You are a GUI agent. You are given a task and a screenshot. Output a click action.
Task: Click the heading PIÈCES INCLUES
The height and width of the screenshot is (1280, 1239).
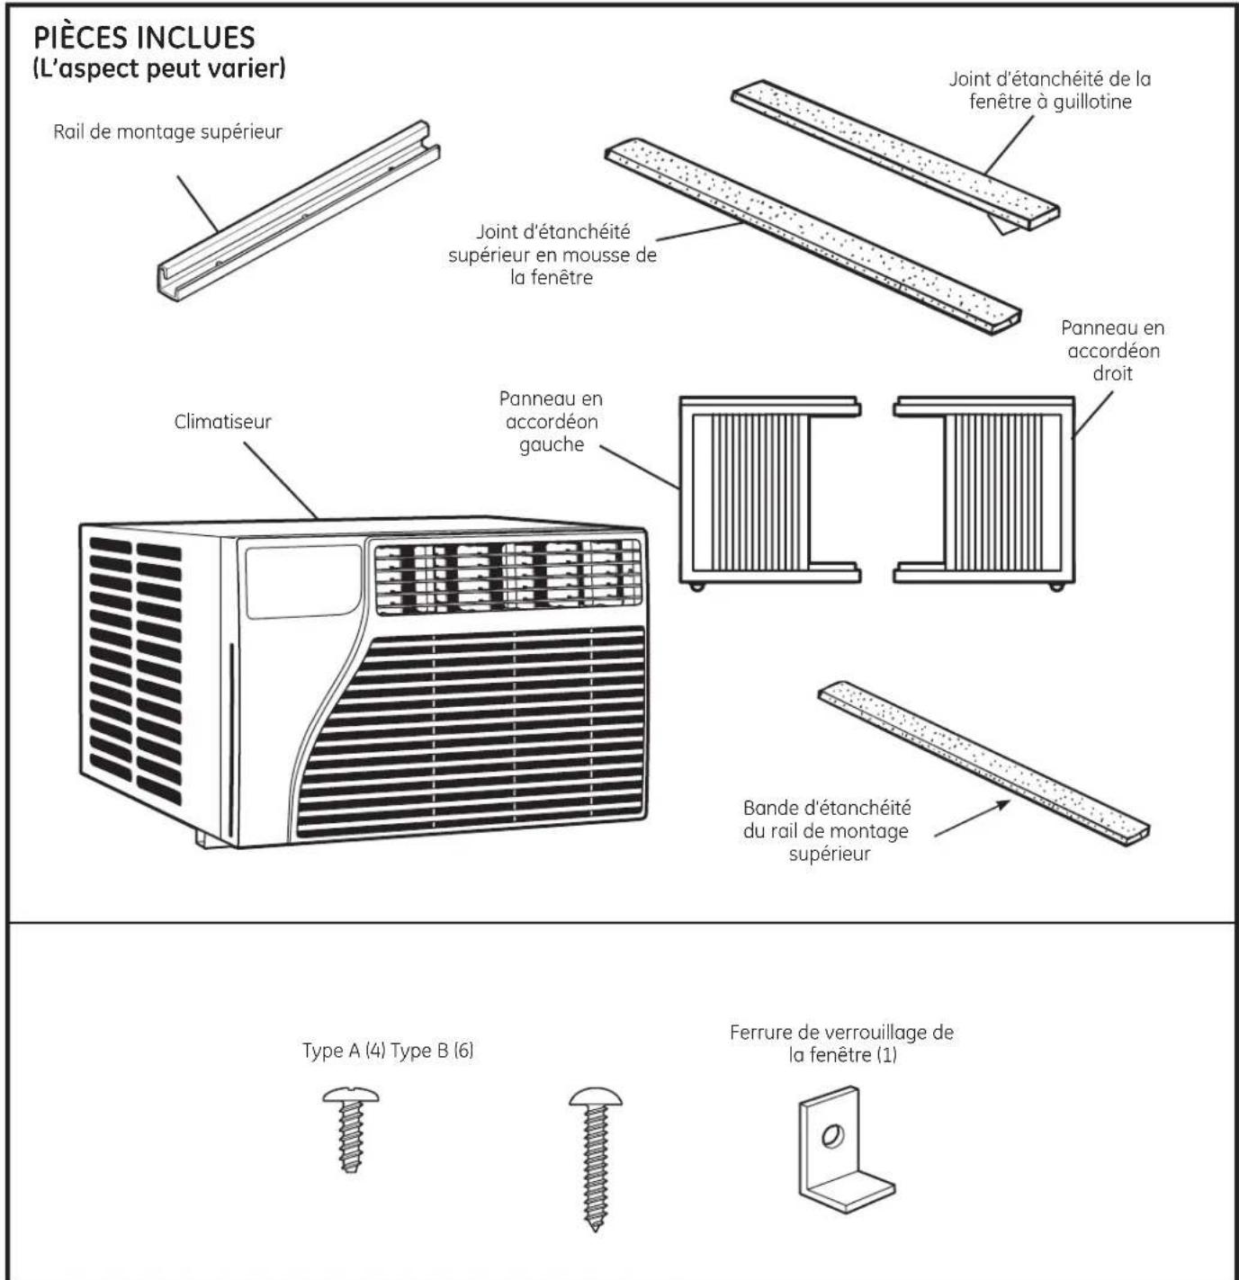(x=144, y=37)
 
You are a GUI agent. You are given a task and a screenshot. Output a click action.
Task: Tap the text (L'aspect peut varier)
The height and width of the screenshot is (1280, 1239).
(x=159, y=68)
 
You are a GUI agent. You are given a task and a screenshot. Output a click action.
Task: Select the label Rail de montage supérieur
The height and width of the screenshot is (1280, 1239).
(x=167, y=132)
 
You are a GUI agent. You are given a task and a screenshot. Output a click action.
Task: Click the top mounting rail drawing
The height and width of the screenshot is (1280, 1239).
(x=297, y=212)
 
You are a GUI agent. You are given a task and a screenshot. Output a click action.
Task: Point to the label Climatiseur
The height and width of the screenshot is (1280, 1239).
(x=222, y=421)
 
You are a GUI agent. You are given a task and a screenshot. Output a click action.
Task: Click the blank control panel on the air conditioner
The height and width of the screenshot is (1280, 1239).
(x=303, y=581)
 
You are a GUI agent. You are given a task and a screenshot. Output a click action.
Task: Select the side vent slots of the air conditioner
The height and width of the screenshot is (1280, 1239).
(x=135, y=670)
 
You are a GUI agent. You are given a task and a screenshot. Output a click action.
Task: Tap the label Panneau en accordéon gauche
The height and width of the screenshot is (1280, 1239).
(x=551, y=421)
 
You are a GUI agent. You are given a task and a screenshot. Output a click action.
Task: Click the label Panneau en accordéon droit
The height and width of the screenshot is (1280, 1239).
(x=1112, y=350)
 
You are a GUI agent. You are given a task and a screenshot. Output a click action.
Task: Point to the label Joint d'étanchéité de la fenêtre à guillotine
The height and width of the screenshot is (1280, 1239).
(x=1049, y=90)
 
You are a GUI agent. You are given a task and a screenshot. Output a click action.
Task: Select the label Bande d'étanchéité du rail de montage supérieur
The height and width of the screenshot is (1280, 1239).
(x=826, y=830)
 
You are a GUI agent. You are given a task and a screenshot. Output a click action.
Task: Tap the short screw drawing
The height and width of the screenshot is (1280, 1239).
(x=351, y=1129)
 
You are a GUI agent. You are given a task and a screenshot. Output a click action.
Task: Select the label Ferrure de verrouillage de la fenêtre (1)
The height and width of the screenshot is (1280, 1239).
(x=841, y=1043)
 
